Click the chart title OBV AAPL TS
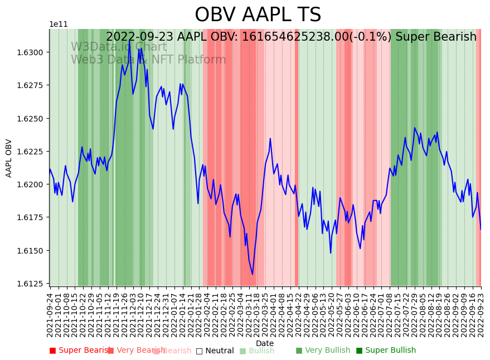[258, 15]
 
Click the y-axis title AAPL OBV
[9, 158]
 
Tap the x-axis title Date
[265, 343]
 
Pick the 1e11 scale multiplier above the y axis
[59, 24]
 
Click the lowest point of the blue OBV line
[253, 274]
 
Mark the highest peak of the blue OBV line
[130, 40]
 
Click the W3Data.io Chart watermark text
[118, 47]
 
